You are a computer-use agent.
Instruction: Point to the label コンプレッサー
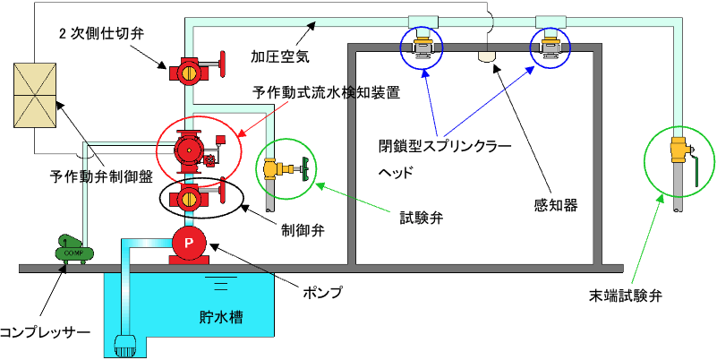[x=46, y=332]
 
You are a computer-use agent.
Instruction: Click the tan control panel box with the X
[x=32, y=93]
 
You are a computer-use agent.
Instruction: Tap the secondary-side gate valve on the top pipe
[x=191, y=68]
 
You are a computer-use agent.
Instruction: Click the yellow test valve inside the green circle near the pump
[x=285, y=167]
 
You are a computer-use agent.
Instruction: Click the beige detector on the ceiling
[x=486, y=56]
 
